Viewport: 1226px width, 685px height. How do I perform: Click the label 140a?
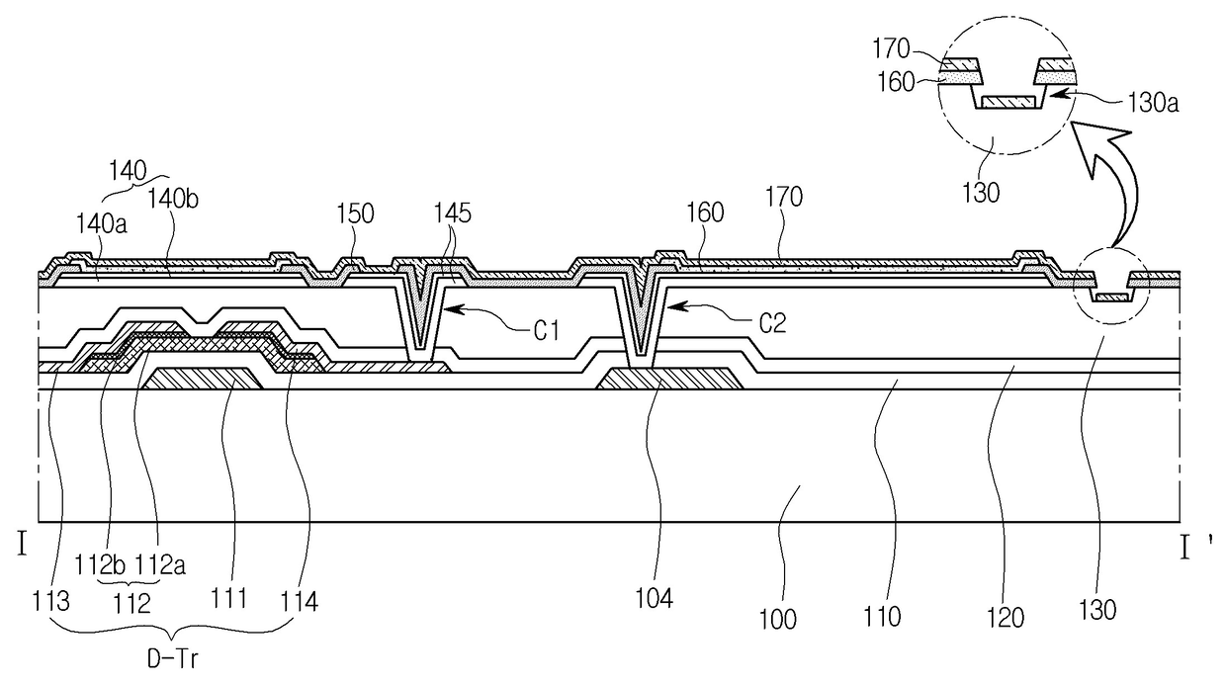[x=101, y=223]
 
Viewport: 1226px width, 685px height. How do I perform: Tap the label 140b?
[x=173, y=199]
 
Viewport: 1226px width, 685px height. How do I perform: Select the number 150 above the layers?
[x=355, y=214]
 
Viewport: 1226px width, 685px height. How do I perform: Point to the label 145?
[x=453, y=213]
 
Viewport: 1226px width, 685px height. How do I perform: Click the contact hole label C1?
[x=546, y=330]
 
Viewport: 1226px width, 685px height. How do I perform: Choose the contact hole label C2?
[x=772, y=323]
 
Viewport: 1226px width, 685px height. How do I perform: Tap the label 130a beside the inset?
[x=1153, y=103]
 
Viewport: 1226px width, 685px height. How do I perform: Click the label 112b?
[x=100, y=564]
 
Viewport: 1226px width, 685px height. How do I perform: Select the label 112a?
[x=160, y=564]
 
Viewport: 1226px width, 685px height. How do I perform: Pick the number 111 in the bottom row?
[x=229, y=598]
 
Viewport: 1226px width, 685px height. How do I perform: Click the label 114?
[x=299, y=601]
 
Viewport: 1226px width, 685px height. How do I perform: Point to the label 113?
[x=50, y=601]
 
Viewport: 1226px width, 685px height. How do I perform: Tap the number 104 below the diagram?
[x=655, y=599]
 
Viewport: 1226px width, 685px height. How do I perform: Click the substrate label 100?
[x=778, y=620]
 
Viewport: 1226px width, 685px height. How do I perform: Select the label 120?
[x=1006, y=618]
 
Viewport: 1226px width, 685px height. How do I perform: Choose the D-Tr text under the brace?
[x=172, y=659]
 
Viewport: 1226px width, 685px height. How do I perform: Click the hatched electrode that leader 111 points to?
[x=202, y=379]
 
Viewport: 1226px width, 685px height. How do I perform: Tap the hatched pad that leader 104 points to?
[x=669, y=379]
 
